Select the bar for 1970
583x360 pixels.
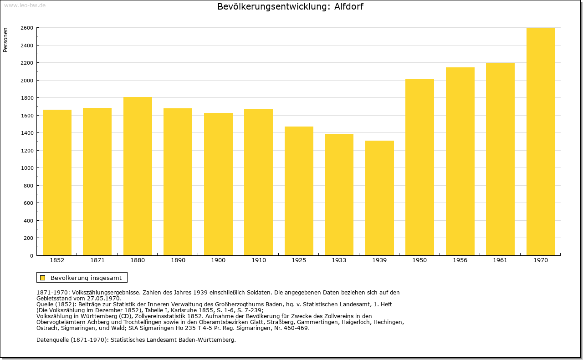541,142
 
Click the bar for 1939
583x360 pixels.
379,198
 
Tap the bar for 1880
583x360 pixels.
138,176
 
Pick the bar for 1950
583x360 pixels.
419,167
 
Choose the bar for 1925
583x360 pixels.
299,191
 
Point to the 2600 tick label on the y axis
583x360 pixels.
27,28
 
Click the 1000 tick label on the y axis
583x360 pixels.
27,168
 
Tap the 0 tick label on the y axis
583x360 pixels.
31,256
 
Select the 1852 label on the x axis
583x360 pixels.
57,260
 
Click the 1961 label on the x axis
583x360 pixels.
500,260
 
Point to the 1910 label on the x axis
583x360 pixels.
258,260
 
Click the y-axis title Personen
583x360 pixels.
5,40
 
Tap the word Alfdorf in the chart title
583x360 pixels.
348,6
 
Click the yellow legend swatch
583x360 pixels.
43,278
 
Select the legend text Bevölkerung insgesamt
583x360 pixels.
86,278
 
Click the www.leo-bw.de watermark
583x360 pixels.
25,5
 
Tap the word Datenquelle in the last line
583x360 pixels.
53,340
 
